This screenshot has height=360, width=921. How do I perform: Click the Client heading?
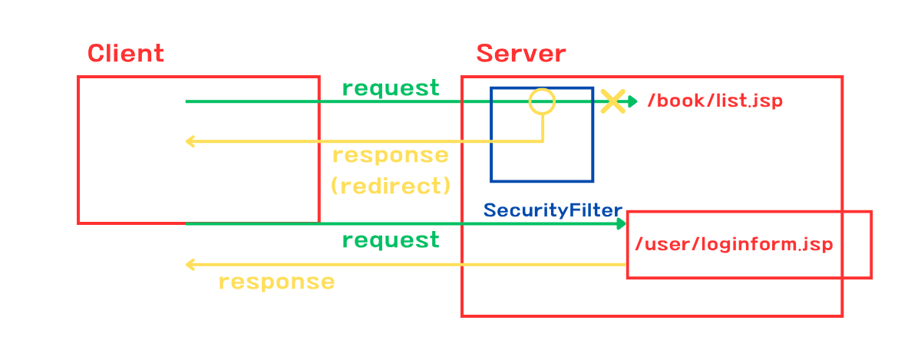pos(126,54)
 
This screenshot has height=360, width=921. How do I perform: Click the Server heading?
pos(521,54)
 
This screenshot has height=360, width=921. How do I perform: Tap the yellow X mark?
pos(612,101)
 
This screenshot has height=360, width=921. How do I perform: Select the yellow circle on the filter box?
pos(542,89)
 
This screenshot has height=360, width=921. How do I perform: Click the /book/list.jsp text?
pos(715,101)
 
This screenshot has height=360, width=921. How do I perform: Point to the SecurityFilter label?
pos(553,210)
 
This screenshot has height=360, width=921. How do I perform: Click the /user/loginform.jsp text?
pos(734,244)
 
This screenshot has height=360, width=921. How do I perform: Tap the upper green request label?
pos(391,88)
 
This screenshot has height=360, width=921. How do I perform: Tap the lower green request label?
pos(391,239)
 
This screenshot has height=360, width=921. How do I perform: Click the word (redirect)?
pos(391,186)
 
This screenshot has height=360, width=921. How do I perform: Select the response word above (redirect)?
pos(391,156)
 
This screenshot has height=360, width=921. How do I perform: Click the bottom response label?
pos(277,282)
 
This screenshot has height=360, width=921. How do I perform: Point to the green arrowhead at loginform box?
pos(621,224)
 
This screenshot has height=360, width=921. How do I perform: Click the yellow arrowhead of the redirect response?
pos(190,141)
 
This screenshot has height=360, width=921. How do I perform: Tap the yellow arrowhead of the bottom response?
pos(190,265)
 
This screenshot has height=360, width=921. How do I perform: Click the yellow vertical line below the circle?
pos(543,128)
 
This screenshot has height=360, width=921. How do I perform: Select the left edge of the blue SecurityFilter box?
pos(491,134)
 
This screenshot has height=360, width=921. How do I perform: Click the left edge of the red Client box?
pos(78,150)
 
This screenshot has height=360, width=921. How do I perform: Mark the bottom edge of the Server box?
pos(652,316)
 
